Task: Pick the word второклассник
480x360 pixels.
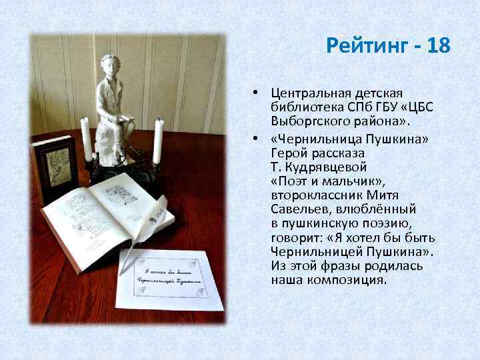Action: click(x=317, y=194)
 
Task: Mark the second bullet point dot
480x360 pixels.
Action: click(x=255, y=137)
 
